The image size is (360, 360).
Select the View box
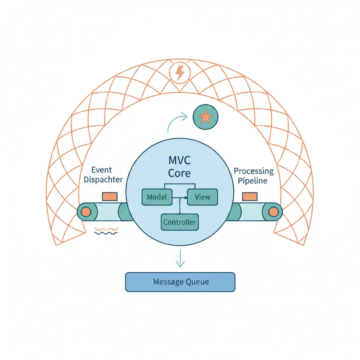[202, 197]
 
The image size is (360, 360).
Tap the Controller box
[180, 222]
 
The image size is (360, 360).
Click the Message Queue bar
[180, 282]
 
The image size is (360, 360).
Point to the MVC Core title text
[180, 166]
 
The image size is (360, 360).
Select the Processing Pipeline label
[253, 176]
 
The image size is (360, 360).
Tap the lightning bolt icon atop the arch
[180, 72]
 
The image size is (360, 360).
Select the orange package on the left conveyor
[110, 197]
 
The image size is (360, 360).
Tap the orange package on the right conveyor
[250, 197]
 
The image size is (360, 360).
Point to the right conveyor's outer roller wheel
[273, 211]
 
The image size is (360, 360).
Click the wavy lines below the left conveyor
[106, 231]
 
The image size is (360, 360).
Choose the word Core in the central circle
[180, 173]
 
